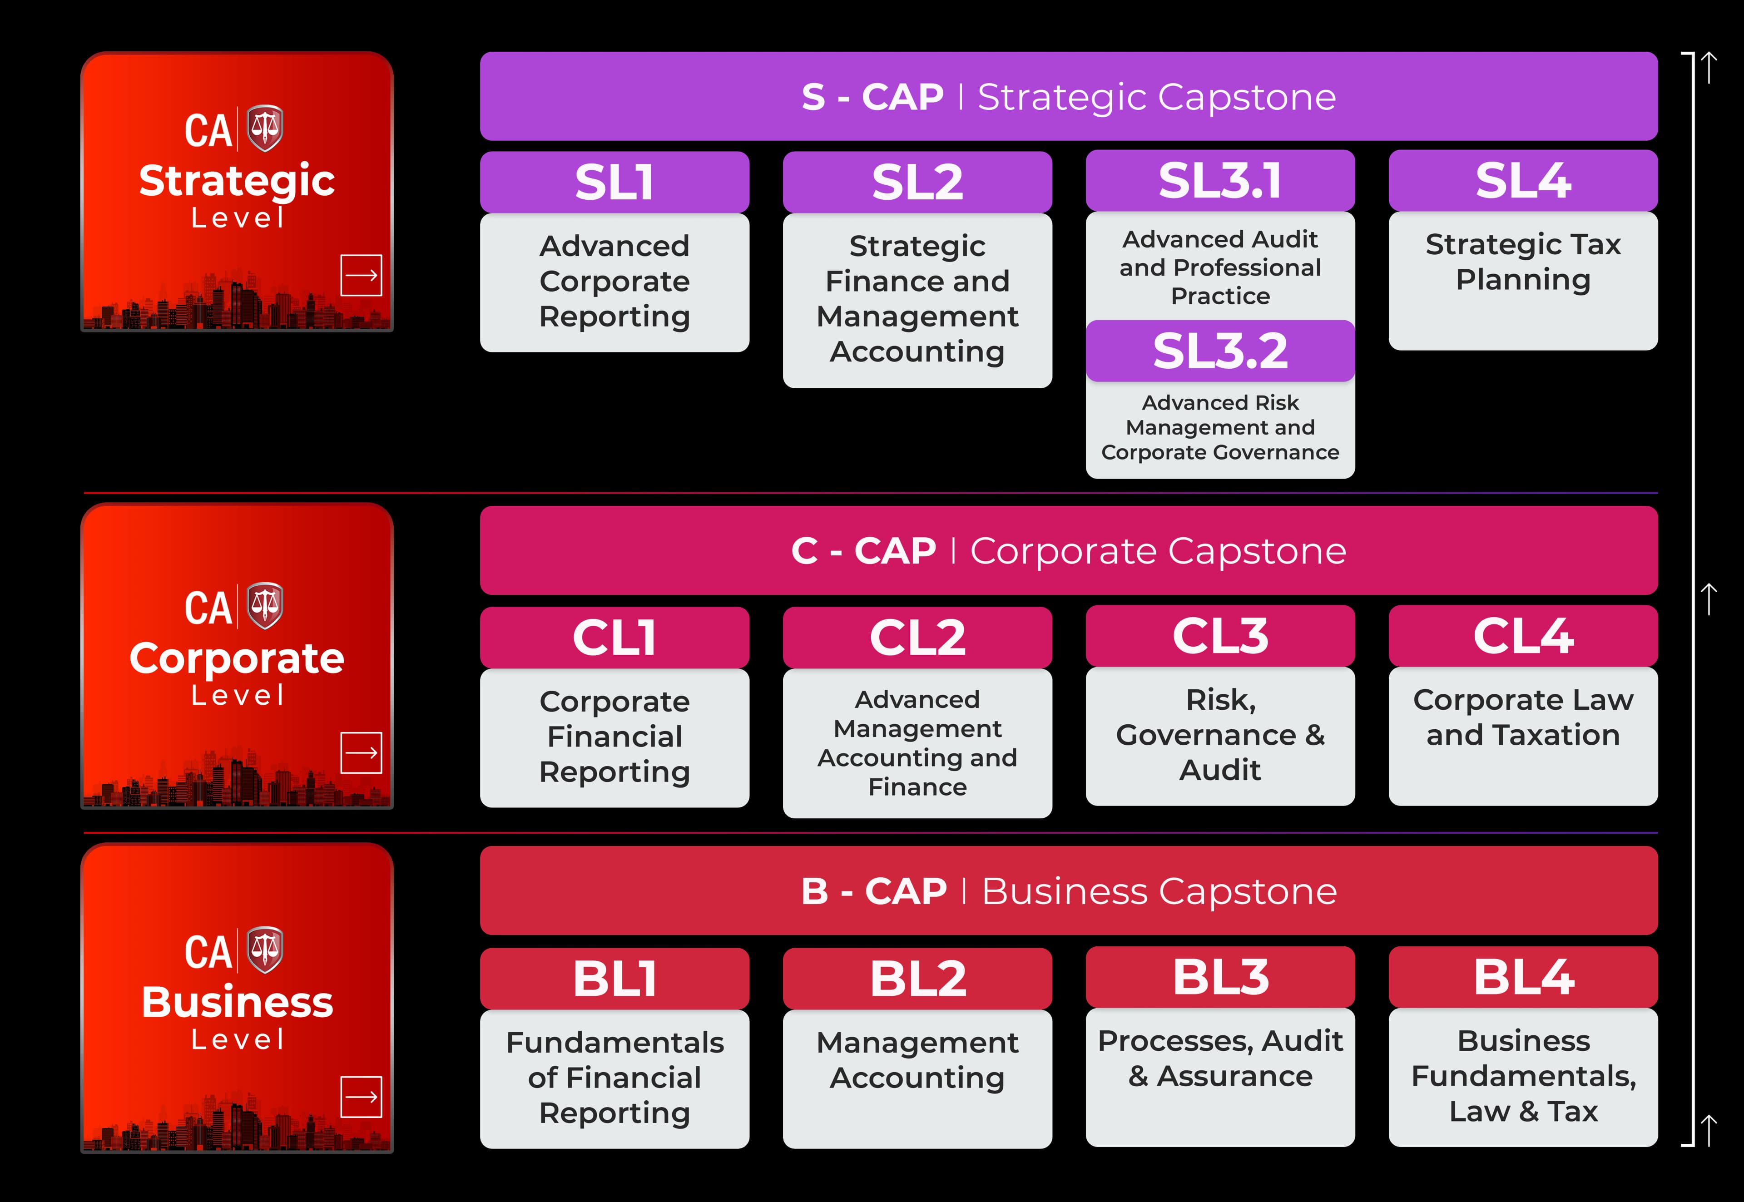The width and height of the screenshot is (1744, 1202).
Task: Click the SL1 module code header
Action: click(614, 182)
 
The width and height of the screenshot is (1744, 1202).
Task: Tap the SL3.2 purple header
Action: click(1220, 351)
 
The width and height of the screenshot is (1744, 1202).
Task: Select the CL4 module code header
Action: click(1523, 636)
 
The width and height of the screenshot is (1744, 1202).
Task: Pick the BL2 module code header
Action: click(917, 978)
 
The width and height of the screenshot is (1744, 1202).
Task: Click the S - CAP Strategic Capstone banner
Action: click(1069, 96)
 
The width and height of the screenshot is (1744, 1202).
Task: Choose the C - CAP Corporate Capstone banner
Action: click(1069, 550)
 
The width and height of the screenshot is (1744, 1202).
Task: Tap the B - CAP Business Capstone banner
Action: click(1069, 891)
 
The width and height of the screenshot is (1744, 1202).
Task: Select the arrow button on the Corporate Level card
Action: click(362, 752)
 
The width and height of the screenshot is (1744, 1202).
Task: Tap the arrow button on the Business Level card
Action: click(362, 1097)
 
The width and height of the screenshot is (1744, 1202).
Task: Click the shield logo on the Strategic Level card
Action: click(265, 128)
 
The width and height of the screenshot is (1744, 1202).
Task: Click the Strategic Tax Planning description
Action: click(1523, 262)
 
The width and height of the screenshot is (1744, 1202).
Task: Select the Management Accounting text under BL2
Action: click(917, 1060)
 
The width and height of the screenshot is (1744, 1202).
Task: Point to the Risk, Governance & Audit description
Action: click(1220, 734)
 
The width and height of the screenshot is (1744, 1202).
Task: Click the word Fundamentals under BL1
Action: click(614, 1042)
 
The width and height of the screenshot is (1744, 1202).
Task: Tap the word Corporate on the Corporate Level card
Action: click(237, 658)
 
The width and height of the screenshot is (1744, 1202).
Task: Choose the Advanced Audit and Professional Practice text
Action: click(1220, 267)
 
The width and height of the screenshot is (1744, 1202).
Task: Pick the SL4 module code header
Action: click(1523, 181)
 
